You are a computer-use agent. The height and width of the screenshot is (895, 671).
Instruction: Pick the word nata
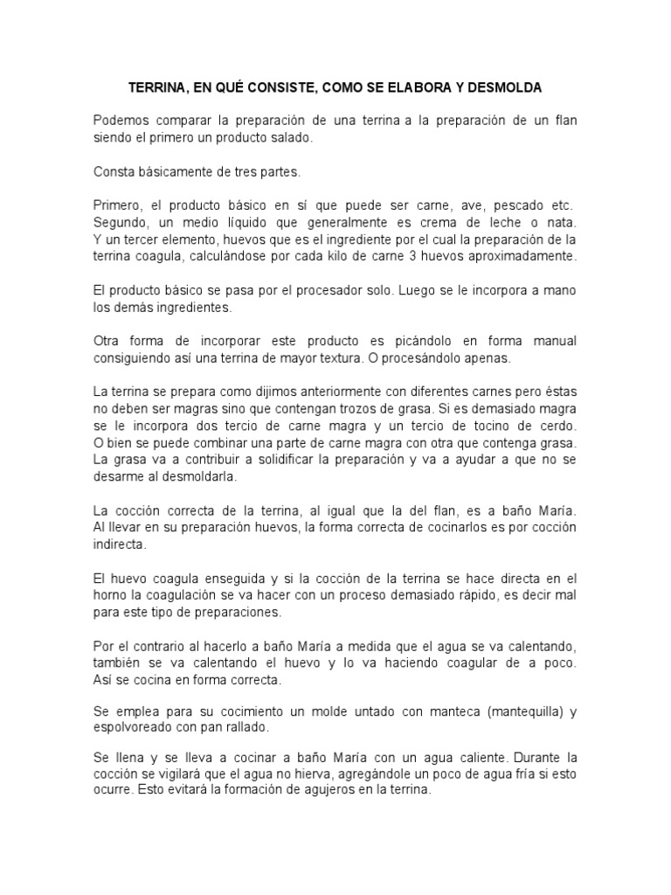[x=563, y=223]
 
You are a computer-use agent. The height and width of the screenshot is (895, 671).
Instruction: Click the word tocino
[x=455, y=424]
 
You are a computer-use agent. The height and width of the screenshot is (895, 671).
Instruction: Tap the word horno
[x=109, y=596]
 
